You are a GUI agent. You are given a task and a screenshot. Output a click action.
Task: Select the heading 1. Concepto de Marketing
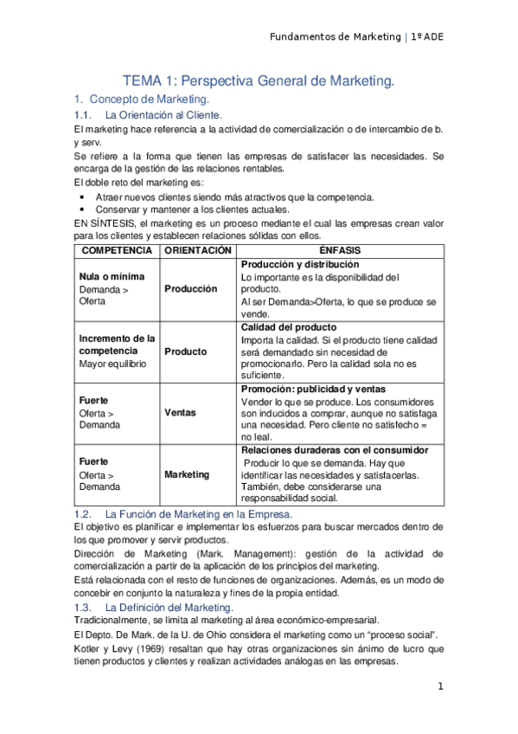(x=144, y=100)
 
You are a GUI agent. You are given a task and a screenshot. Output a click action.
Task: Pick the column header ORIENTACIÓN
(x=197, y=249)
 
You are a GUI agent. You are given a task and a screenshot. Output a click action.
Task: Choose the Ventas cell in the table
(x=182, y=413)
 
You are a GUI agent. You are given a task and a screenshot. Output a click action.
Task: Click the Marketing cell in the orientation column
(x=187, y=474)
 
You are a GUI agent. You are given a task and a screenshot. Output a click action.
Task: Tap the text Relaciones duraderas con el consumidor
(x=335, y=450)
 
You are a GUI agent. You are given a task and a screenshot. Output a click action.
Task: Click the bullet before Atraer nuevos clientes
(x=82, y=196)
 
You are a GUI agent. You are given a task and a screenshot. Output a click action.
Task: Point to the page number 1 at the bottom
(x=440, y=687)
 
